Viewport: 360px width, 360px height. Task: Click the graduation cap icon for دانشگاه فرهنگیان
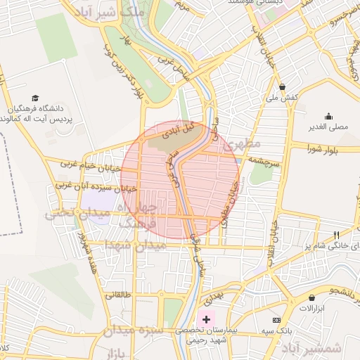click(35, 98)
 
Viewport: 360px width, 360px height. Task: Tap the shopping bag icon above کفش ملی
click(282, 87)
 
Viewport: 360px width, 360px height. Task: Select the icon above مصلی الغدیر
click(328, 117)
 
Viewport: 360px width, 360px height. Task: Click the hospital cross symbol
click(206, 319)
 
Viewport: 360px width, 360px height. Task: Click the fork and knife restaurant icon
click(336, 235)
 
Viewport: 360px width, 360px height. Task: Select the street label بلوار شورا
click(324, 148)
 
